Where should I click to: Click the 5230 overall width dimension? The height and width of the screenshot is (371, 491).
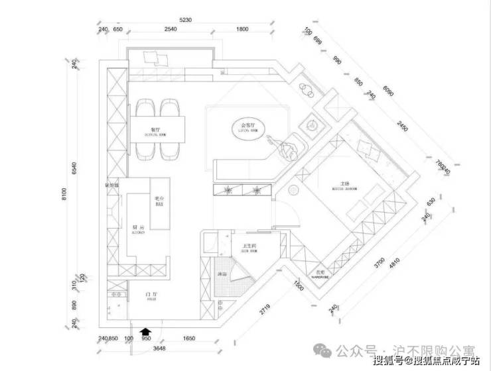click(x=184, y=21)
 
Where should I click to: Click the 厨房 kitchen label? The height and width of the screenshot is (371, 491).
click(x=137, y=225)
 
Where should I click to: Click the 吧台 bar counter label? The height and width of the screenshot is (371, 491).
click(x=159, y=200)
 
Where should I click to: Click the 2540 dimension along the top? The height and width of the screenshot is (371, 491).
click(x=171, y=30)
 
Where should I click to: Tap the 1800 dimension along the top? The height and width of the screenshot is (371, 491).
click(x=242, y=30)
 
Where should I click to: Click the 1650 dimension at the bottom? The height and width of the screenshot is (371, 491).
click(x=188, y=339)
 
